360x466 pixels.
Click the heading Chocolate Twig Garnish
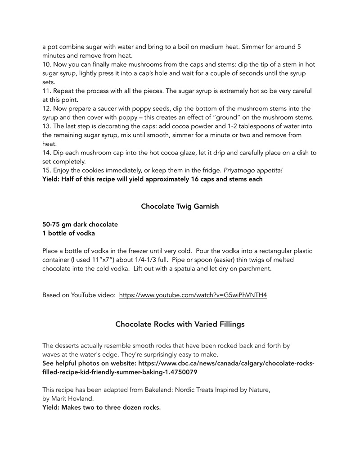click(x=180, y=206)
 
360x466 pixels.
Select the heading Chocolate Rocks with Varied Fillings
click(x=180, y=324)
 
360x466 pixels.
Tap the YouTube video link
click(x=193, y=295)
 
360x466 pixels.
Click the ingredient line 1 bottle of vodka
click(x=68, y=233)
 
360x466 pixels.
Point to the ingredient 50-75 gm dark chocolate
click(x=80, y=224)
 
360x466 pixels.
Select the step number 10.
click(x=46, y=64)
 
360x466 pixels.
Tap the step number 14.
click(x=46, y=153)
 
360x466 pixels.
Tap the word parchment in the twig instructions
click(x=255, y=269)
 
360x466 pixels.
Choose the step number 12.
click(x=46, y=109)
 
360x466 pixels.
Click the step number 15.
click(x=46, y=170)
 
